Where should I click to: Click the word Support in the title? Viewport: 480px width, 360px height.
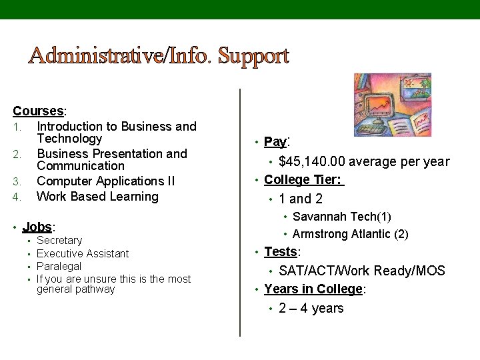pyautogui.click(x=253, y=56)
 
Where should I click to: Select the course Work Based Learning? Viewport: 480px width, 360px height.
pyautogui.click(x=97, y=196)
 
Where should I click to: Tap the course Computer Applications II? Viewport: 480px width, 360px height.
pyautogui.click(x=106, y=181)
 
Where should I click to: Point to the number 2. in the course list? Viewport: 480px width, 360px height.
pyautogui.click(x=18, y=155)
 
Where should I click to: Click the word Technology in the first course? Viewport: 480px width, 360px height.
pyautogui.click(x=69, y=139)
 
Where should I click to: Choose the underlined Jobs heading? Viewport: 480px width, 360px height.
pyautogui.click(x=37, y=227)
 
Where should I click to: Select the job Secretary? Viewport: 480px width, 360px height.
pyautogui.click(x=59, y=241)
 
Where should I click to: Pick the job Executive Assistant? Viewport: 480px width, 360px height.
pyautogui.click(x=83, y=253)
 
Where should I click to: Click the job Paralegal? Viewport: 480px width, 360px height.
pyautogui.click(x=59, y=266)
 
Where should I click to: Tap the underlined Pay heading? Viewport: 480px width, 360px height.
pyautogui.click(x=274, y=141)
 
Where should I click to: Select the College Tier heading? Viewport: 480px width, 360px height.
pyautogui.click(x=303, y=179)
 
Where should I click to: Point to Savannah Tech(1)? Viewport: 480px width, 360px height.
pyautogui.click(x=341, y=217)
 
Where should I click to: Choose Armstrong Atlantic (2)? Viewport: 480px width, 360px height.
pyautogui.click(x=350, y=234)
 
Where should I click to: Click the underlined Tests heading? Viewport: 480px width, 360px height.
pyautogui.click(x=280, y=251)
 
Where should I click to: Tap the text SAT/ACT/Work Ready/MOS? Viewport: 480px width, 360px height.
pyautogui.click(x=361, y=271)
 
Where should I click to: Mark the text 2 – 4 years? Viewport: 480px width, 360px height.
pyautogui.click(x=311, y=308)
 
